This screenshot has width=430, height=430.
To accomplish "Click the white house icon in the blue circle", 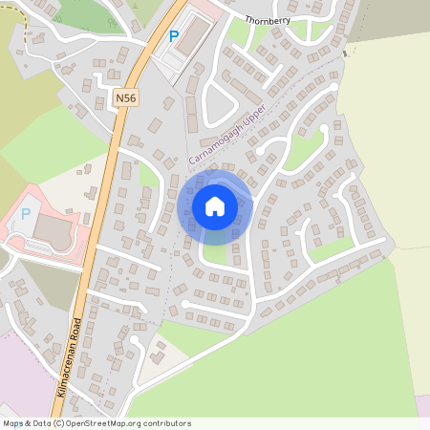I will pos(215,205).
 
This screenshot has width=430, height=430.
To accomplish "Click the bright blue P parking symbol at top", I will pos(173,36).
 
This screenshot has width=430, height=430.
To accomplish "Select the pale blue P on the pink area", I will pos(26,214).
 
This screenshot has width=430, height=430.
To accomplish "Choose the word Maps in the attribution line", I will pos(13,423).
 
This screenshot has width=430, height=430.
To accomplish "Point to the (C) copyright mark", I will pos(59,423).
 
